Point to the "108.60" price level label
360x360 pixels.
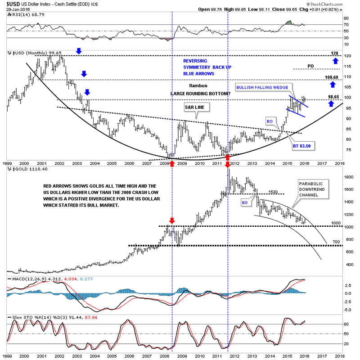coord(333,77)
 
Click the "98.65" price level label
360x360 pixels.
coord(333,97)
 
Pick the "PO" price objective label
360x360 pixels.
coord(310,66)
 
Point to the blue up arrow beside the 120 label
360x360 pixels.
coord(335,60)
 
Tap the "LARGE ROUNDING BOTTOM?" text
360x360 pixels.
coord(200,93)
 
